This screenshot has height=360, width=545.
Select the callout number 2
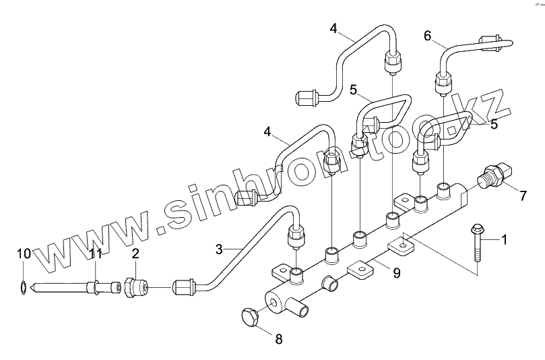click(x=135, y=253)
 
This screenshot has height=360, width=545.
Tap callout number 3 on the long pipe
click(x=219, y=249)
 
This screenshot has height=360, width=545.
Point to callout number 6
click(x=427, y=35)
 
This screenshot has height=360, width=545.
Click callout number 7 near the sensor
click(x=523, y=196)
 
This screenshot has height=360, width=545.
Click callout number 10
click(x=24, y=253)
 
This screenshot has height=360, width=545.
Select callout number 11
click(x=97, y=253)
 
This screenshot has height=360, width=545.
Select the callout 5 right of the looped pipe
click(x=494, y=124)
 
